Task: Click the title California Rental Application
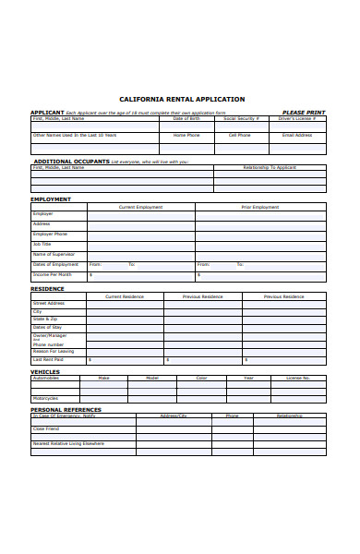[182, 99]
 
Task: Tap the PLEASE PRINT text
[303, 113]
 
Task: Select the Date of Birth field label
[186, 118]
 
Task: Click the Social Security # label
[242, 118]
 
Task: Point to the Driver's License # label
[298, 118]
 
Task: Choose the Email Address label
[297, 135]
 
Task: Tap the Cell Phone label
[240, 135]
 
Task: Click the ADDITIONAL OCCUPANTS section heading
[70, 161]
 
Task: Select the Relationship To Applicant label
[270, 167]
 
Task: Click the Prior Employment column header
[259, 207]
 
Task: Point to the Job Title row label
[42, 244]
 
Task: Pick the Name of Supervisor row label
[54, 254]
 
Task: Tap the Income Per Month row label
[52, 274]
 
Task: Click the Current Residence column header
[125, 296]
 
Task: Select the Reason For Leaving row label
[53, 351]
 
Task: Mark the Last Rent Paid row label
[48, 359]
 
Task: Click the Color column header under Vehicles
[201, 378]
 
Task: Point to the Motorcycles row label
[45, 399]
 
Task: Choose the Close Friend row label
[46, 428]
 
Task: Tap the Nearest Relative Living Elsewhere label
[68, 443]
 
